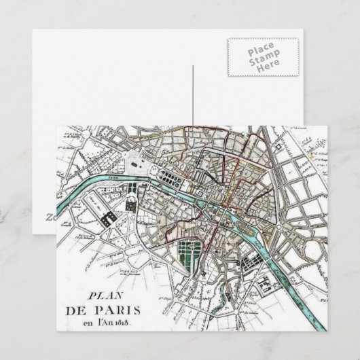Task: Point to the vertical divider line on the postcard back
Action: click(x=194, y=95)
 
